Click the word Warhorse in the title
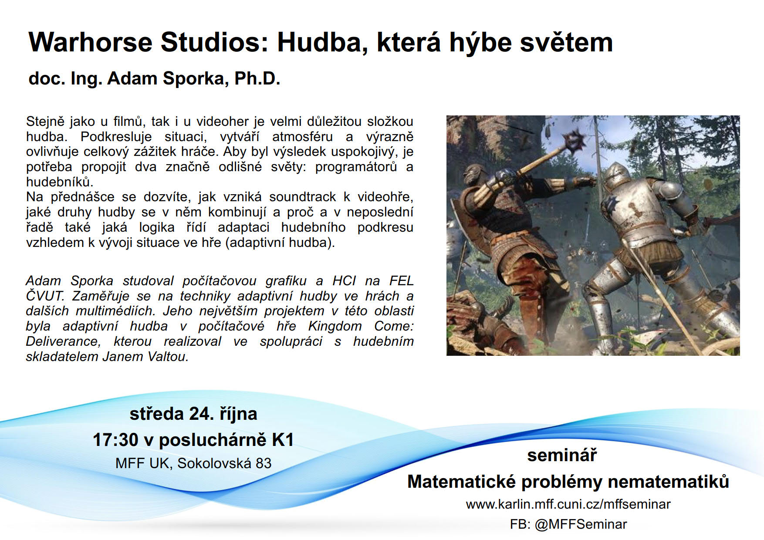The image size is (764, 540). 90,42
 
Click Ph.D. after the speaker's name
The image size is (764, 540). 257,78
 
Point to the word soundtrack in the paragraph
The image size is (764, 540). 302,197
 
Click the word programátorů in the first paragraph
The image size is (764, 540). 356,167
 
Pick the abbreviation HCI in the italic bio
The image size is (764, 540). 344,281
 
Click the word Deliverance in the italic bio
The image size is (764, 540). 63,341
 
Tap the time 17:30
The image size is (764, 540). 115,440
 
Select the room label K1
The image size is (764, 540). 283,440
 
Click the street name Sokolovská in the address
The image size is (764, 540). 214,463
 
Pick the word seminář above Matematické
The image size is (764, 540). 562,455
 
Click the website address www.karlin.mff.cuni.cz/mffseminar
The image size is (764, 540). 568,504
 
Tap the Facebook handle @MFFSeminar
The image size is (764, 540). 581,524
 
